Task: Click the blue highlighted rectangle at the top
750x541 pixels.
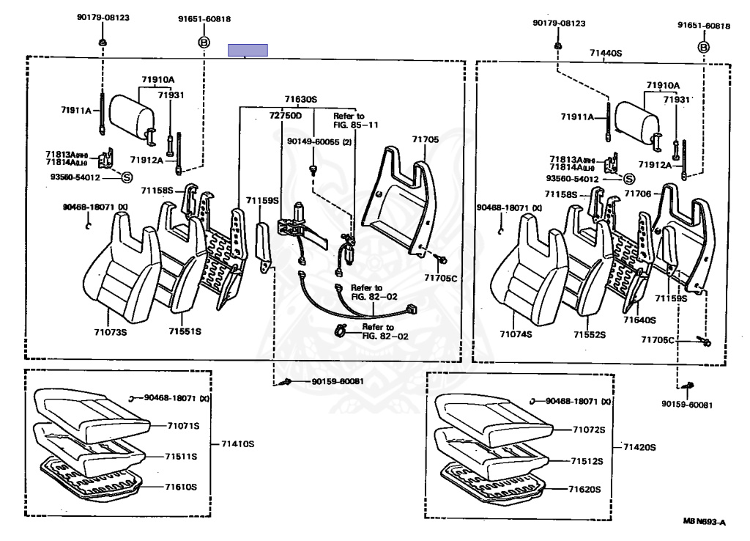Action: click(248, 50)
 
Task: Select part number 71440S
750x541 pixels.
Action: click(605, 54)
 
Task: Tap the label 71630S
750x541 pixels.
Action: click(300, 99)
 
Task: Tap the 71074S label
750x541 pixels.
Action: click(516, 334)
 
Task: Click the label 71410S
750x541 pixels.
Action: click(238, 444)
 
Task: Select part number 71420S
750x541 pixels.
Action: click(639, 447)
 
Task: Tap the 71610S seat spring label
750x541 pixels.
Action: click(181, 486)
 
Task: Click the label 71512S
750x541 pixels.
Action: click(587, 461)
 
